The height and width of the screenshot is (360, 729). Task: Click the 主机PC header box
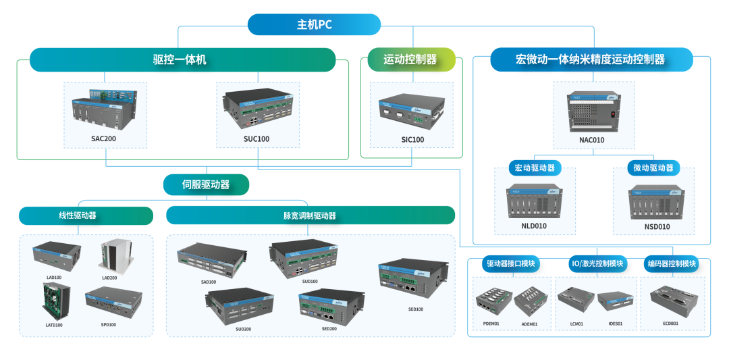(x=314, y=25)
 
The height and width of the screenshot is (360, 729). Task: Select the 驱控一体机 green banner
(x=182, y=59)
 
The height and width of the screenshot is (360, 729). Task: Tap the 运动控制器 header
(x=410, y=59)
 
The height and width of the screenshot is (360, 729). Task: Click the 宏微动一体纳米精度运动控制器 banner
(x=591, y=59)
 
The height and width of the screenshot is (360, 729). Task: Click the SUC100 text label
(x=256, y=140)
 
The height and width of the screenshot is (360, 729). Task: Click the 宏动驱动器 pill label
(x=535, y=168)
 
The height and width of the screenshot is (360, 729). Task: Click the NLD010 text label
(x=534, y=226)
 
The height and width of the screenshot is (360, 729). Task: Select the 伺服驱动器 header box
(x=206, y=184)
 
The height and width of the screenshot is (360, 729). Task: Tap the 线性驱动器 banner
(x=78, y=216)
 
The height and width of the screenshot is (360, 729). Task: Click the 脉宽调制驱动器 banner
(x=310, y=216)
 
